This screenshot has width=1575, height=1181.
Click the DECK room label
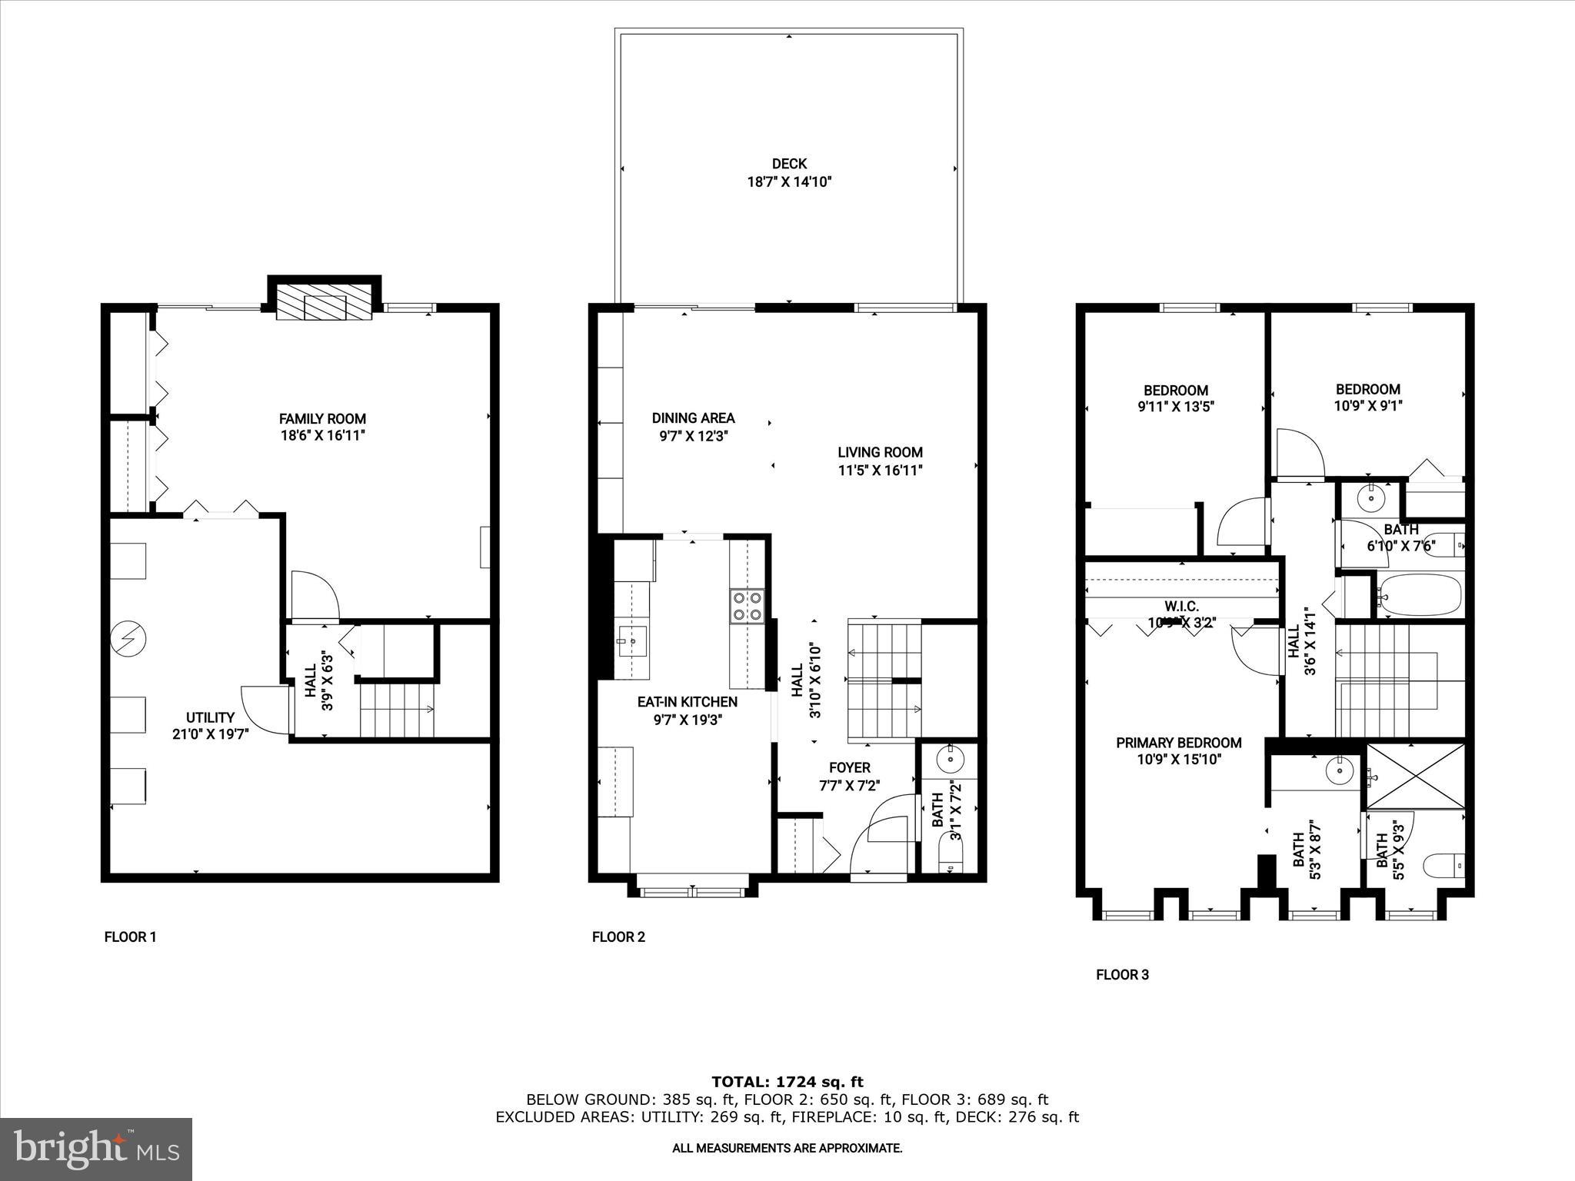point(789,164)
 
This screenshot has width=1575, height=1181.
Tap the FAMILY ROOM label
point(322,419)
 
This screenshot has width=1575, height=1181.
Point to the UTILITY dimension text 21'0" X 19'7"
point(210,734)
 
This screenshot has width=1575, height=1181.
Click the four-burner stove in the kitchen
point(746,605)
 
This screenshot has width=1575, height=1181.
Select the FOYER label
point(849,767)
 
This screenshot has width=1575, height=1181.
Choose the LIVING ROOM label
point(880,453)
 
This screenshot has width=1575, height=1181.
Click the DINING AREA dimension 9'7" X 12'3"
point(693,436)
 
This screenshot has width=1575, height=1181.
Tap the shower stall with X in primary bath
point(1416,775)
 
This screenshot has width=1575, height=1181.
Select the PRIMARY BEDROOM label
point(1178,743)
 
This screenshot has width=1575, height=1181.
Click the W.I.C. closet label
point(1181,607)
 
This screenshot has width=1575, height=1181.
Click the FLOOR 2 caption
point(618,936)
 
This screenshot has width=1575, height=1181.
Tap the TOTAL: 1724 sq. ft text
point(787,1082)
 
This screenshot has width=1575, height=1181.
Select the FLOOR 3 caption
point(1122,975)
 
